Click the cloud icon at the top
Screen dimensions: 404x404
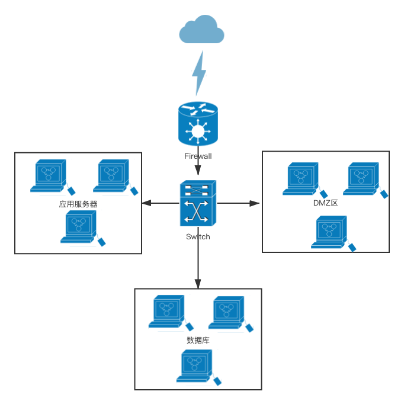202,31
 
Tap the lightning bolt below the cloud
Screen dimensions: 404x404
199,73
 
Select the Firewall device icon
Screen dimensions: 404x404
198,124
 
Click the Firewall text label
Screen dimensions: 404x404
198,157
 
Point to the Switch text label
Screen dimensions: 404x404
198,236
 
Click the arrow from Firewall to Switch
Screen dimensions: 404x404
198,169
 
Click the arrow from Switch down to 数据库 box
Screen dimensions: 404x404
198,257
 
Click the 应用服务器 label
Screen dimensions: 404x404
78,204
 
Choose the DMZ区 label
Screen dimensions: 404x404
325,203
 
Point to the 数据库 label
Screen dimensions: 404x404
198,341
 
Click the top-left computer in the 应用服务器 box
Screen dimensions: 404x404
50,176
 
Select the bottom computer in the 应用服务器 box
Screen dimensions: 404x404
79,227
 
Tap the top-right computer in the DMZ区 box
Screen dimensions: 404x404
362,178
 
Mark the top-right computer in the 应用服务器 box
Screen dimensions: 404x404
113,176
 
